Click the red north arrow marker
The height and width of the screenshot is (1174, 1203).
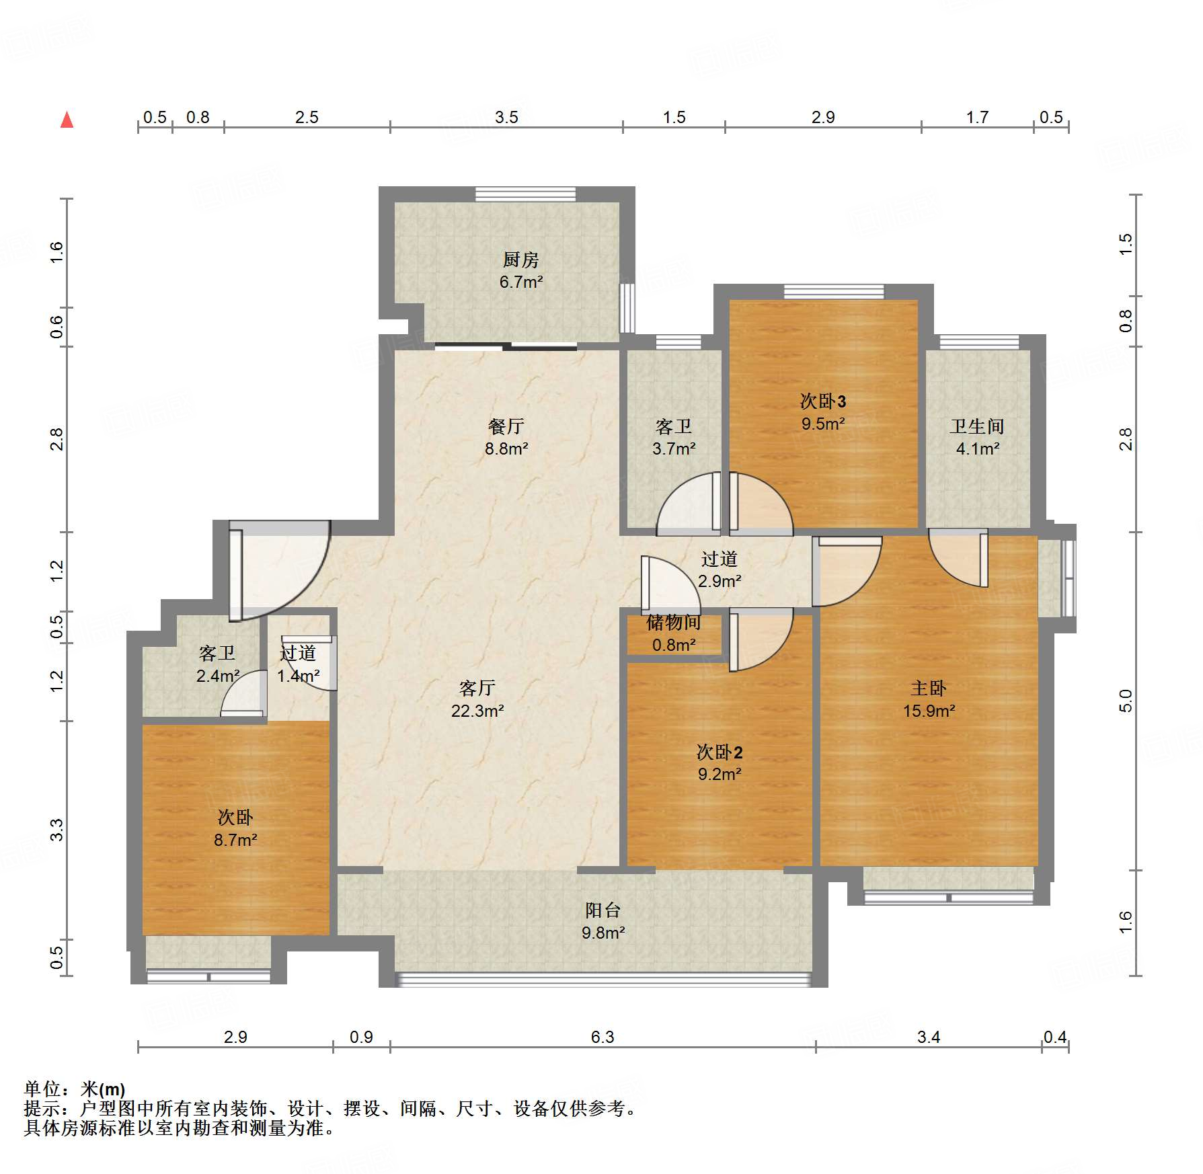[67, 120]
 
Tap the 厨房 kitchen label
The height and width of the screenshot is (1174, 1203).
[520, 260]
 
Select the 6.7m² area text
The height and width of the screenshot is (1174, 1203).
[521, 282]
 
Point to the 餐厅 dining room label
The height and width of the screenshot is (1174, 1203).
[506, 426]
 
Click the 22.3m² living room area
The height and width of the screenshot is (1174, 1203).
[477, 711]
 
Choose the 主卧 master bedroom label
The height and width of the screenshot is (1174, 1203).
[929, 688]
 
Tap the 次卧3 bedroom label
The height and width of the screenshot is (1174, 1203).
[823, 401]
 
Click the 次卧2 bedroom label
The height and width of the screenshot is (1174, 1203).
[720, 752]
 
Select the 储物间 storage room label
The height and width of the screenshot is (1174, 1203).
[674, 623]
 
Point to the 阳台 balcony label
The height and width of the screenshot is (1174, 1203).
[603, 910]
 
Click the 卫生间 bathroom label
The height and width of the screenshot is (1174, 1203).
[977, 426]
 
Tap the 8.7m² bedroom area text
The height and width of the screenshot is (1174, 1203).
[235, 840]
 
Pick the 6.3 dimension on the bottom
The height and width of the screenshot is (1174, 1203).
[603, 1037]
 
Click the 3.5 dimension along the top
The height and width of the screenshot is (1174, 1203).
[506, 118]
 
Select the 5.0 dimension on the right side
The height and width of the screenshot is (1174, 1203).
[1126, 701]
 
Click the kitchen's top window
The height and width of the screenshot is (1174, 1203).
[526, 194]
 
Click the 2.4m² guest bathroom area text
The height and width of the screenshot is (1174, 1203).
[218, 676]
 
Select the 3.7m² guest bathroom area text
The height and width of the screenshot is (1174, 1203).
[674, 448]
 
